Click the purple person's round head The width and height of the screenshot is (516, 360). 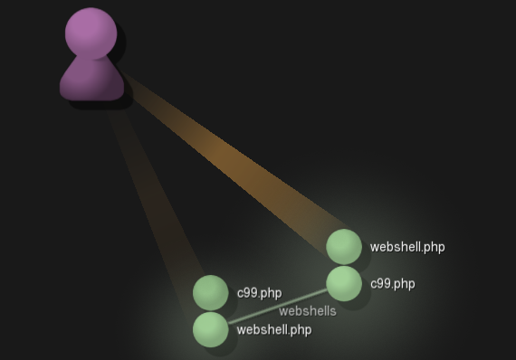click(x=91, y=33)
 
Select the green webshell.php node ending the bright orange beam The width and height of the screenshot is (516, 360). click(x=344, y=247)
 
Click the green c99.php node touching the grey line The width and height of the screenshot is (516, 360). click(x=344, y=283)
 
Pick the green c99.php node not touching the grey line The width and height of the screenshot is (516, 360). click(x=211, y=293)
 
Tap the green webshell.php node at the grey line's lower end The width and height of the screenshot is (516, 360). click(x=211, y=329)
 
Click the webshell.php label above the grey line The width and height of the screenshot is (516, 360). click(x=407, y=247)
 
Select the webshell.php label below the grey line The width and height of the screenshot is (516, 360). click(x=273, y=330)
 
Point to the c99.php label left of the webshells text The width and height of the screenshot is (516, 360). click(x=259, y=293)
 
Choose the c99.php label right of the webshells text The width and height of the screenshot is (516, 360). click(x=392, y=283)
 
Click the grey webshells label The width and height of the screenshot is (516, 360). click(x=307, y=311)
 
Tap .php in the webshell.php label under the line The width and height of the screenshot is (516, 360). click(x=300, y=330)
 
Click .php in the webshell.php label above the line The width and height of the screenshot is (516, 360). click(x=433, y=247)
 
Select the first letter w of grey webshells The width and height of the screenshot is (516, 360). click(x=282, y=311)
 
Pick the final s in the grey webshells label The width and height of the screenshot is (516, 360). click(x=332, y=311)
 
